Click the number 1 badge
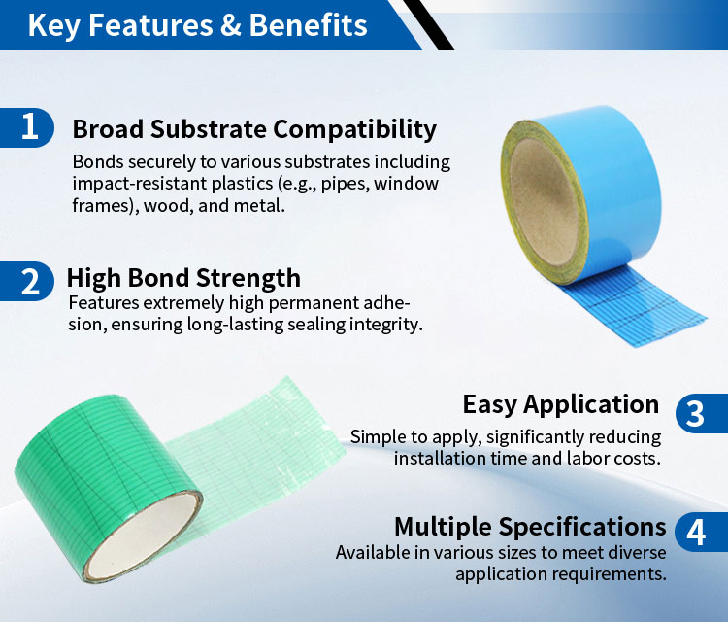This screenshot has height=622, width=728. (x=27, y=127)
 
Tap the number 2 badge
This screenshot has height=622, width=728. (x=27, y=281)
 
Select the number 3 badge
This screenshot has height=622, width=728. (x=702, y=413)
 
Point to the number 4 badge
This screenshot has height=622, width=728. (x=702, y=532)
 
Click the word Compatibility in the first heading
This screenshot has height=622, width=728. (x=354, y=129)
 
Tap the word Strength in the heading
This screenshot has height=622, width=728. (x=248, y=279)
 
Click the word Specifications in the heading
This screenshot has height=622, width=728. (x=582, y=528)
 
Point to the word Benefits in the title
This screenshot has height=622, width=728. (x=308, y=24)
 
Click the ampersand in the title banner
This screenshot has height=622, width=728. (x=230, y=25)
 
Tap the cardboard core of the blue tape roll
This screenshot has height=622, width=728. (x=544, y=202)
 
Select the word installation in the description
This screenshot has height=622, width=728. (x=427, y=459)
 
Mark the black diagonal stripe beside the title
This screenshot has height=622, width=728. (x=428, y=24)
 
